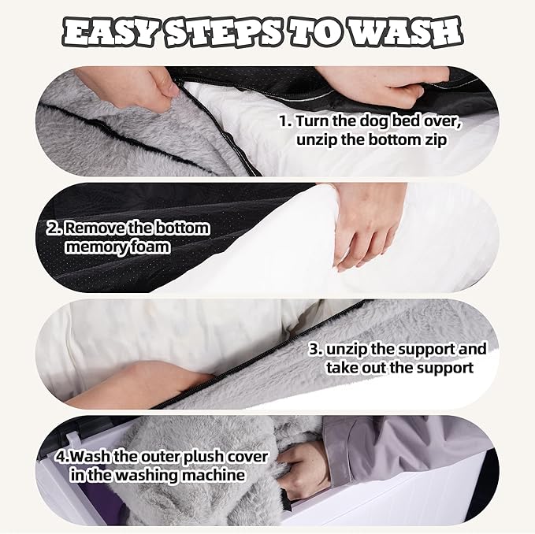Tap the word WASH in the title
(x=405, y=32)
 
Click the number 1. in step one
(x=286, y=121)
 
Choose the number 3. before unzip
(x=316, y=349)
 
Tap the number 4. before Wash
(x=64, y=457)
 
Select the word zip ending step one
(x=435, y=140)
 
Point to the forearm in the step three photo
(x=136, y=384)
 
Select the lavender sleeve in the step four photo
(x=403, y=447)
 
